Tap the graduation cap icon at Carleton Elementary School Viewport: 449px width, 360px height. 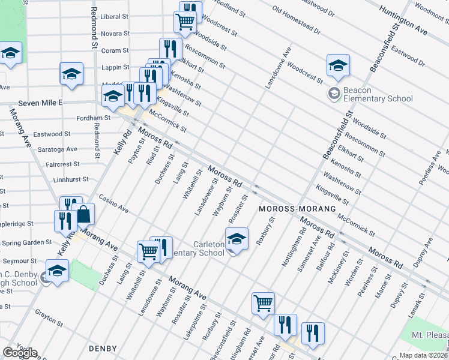click(237, 239)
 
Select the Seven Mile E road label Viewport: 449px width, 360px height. click(41, 103)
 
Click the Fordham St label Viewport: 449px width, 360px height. click(95, 118)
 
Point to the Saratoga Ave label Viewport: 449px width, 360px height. click(63, 149)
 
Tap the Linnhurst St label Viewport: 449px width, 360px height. click(71, 179)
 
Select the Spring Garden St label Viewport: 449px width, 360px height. click(26, 242)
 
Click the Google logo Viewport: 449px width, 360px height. click(20, 353)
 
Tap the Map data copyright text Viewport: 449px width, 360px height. click(423, 355)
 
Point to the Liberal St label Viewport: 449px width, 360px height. click(114, 17)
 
